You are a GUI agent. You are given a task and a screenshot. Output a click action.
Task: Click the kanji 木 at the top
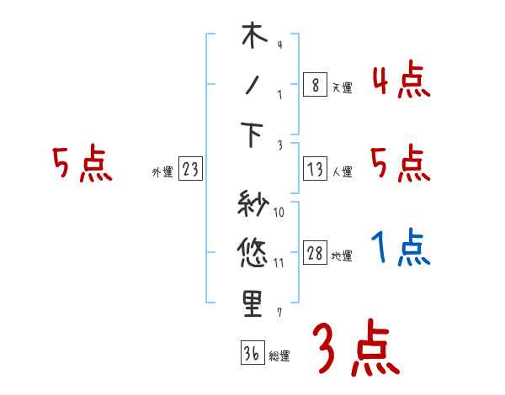click(253, 38)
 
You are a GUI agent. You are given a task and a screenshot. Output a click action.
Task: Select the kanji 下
click(253, 134)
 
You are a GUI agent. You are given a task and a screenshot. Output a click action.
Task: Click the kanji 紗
click(253, 203)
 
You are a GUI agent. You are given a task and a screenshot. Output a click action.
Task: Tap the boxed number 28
click(314, 253)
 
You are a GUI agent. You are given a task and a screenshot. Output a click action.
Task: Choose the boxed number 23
click(190, 169)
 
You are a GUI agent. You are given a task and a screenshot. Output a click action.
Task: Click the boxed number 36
click(251, 354)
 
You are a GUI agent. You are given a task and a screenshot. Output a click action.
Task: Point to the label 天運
click(341, 87)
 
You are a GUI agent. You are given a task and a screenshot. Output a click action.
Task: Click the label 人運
click(342, 171)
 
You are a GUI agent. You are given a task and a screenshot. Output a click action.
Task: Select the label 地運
click(342, 255)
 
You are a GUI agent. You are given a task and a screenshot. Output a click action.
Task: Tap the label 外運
click(162, 171)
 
